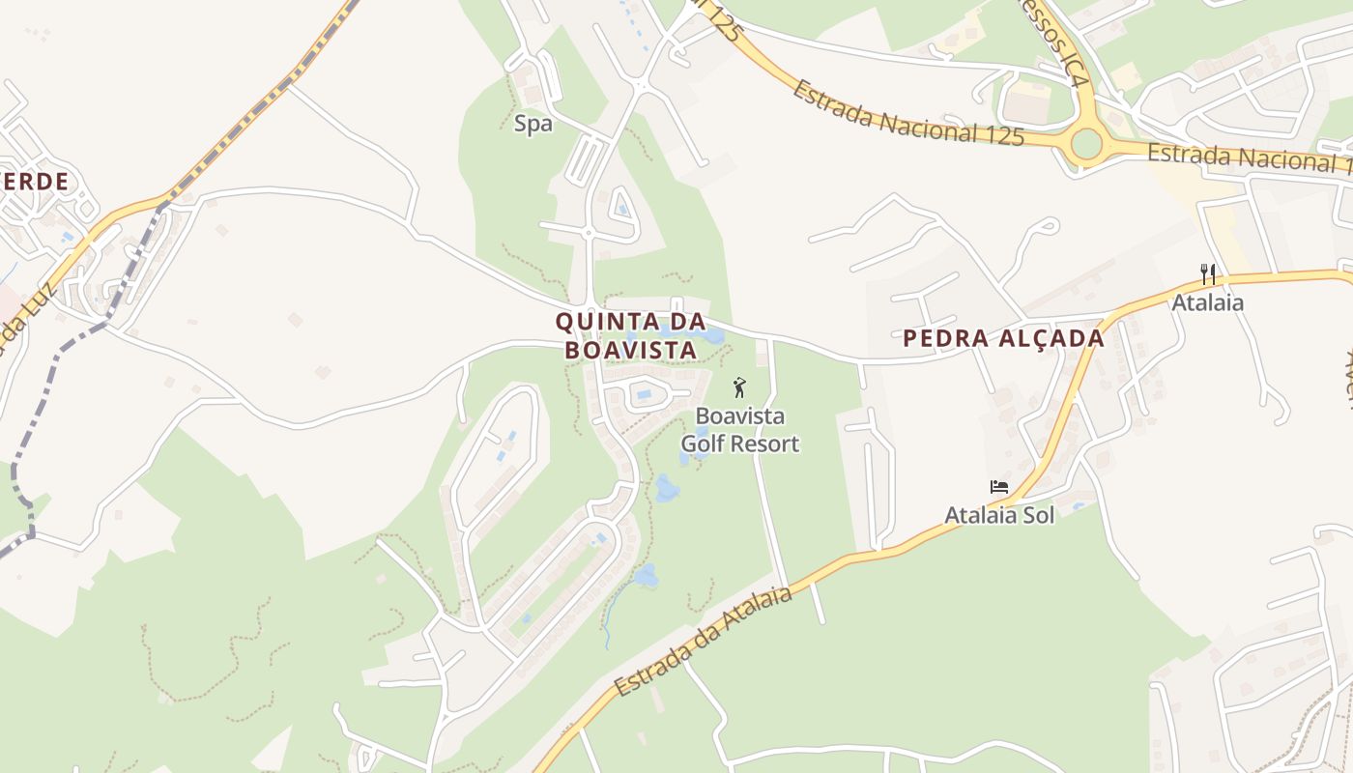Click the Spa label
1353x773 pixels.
pos(533,124)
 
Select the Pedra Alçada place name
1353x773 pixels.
pos(1003,338)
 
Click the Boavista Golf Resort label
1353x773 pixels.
pos(740,430)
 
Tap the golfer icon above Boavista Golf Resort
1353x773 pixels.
pos(740,388)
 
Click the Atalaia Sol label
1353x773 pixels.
pos(999,515)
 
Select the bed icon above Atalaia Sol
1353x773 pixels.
pos(999,487)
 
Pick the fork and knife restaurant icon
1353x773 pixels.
pos(1207,274)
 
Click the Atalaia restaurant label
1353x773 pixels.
pos(1207,303)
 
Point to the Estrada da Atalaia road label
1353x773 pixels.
pos(704,640)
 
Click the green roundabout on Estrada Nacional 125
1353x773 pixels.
pos(1086,145)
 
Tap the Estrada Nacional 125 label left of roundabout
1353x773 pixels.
pos(907,114)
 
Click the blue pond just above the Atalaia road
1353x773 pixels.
pos(645,576)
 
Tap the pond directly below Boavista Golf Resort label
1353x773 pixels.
pos(666,489)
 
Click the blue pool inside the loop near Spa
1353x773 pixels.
pos(621,209)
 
